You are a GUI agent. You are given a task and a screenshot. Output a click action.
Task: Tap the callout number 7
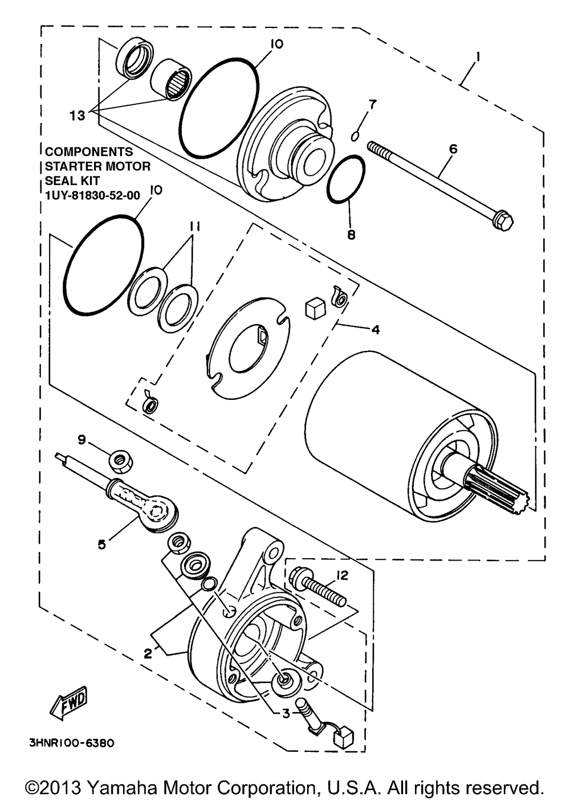[x=372, y=104]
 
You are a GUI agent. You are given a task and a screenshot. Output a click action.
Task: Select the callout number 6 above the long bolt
[x=453, y=149]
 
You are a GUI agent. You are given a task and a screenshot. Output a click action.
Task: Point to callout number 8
[x=351, y=234]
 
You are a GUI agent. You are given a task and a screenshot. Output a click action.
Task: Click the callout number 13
[x=78, y=116]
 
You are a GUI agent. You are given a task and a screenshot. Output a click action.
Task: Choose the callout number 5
[x=101, y=544]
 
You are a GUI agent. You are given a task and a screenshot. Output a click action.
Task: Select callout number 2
[x=148, y=654]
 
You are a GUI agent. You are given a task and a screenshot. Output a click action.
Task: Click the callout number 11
[x=195, y=227]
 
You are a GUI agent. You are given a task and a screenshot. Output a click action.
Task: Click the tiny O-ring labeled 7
[x=355, y=136]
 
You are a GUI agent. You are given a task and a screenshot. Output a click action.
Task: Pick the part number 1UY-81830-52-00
[x=92, y=195]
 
